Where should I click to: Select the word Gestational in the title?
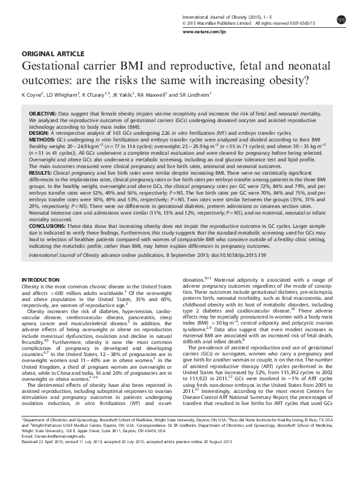[x=50, y=66]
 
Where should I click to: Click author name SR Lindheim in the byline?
[x=195, y=95]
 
